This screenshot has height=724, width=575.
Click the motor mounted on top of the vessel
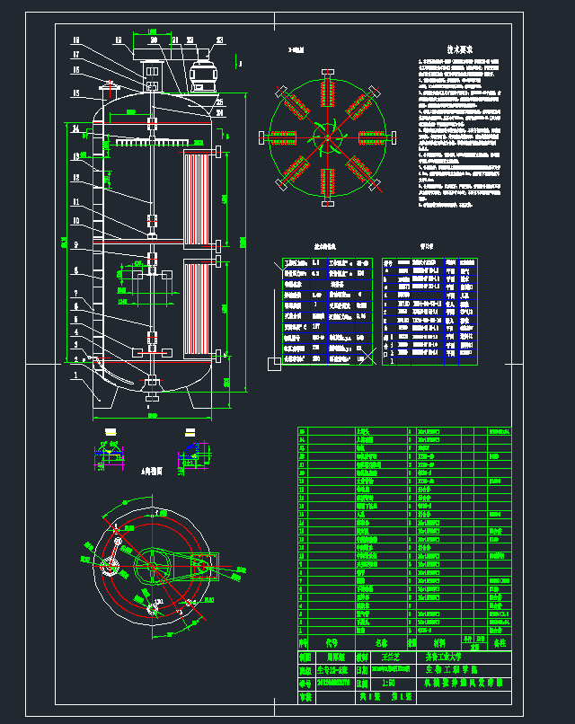point(204,76)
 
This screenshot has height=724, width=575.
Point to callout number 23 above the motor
point(191,40)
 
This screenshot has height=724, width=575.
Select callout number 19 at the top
point(119,40)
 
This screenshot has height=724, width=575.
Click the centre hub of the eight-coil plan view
point(328,137)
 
